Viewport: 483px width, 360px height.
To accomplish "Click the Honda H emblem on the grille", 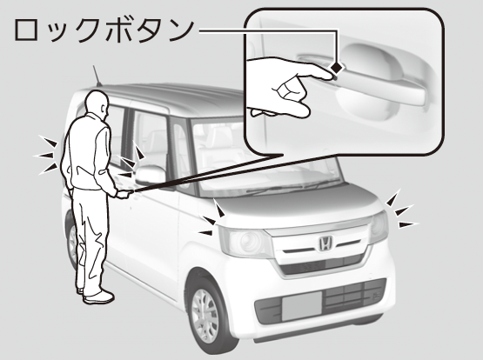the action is pos(325,243).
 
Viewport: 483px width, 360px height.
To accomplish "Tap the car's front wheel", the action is pos(205,316).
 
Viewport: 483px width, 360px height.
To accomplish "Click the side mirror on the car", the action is pos(150,176).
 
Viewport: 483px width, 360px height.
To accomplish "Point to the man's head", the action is pos(97,104).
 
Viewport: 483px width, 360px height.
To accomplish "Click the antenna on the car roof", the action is pos(97,76).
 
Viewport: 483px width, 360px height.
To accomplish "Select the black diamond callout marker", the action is pos(337,68).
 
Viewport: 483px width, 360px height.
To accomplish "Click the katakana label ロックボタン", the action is pos(104,30).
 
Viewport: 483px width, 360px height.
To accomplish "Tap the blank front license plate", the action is pos(302,305).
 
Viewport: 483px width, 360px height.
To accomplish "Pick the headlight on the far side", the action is pos(379,227).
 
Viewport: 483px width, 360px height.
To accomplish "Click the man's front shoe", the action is pos(98,297).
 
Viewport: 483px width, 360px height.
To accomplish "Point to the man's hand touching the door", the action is pos(124,194).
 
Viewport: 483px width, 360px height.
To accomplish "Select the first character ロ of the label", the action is pos(28,30).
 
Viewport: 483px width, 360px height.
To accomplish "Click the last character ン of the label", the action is pos(181,30).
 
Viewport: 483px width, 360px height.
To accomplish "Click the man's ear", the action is pos(104,109).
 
